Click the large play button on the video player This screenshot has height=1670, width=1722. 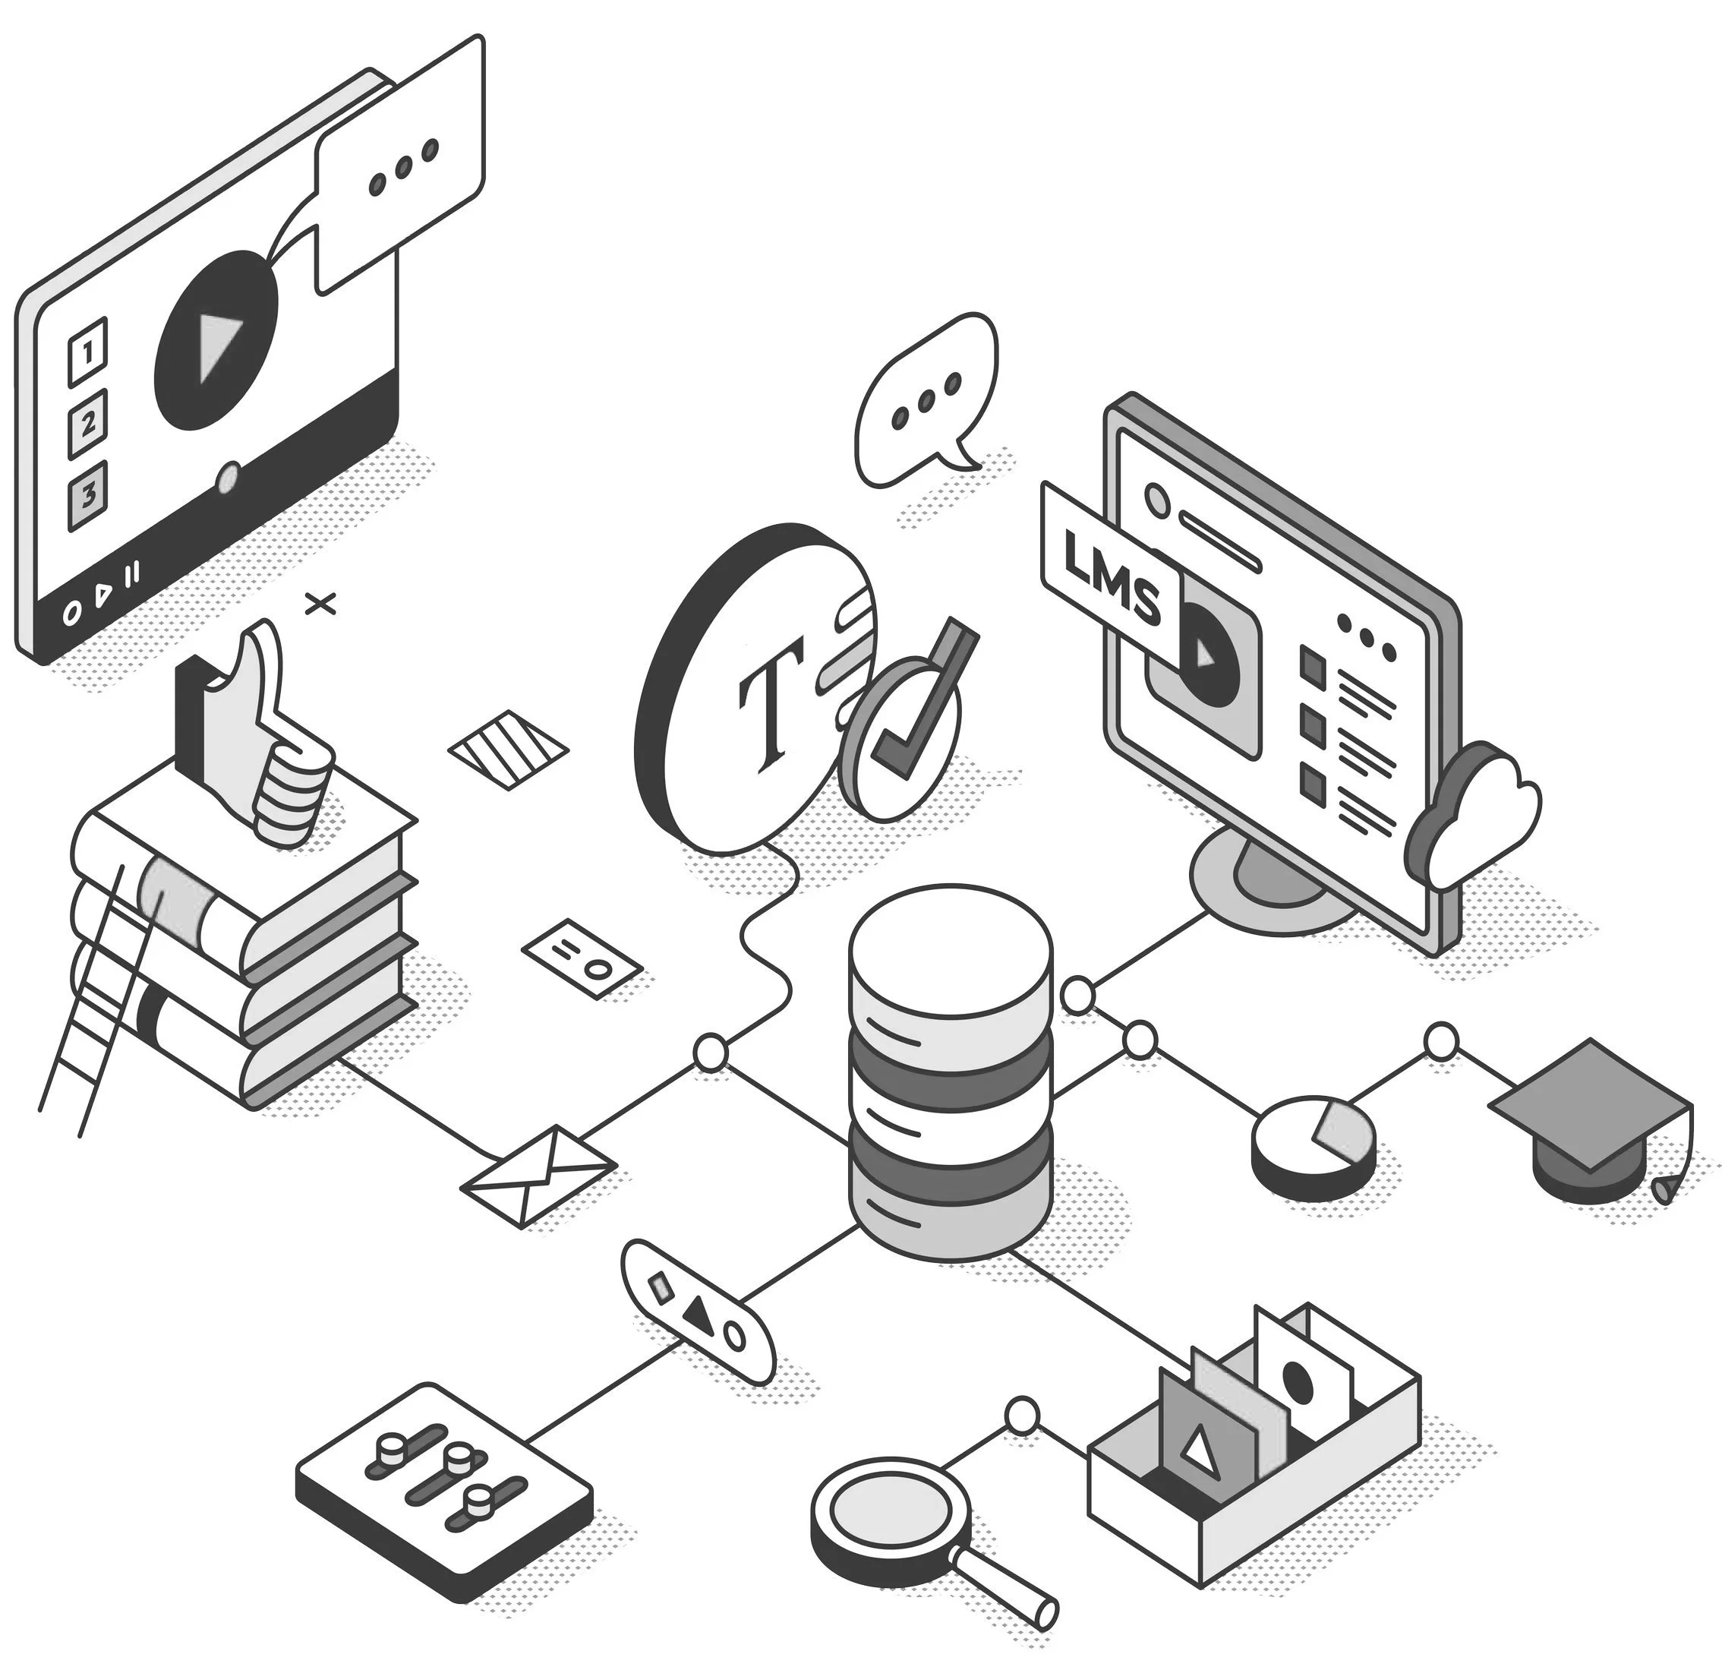(216, 341)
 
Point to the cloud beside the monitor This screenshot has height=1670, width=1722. (1476, 813)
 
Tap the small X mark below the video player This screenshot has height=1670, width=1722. (320, 604)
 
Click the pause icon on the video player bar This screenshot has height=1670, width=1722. (132, 576)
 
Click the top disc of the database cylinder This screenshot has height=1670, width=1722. (950, 958)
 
